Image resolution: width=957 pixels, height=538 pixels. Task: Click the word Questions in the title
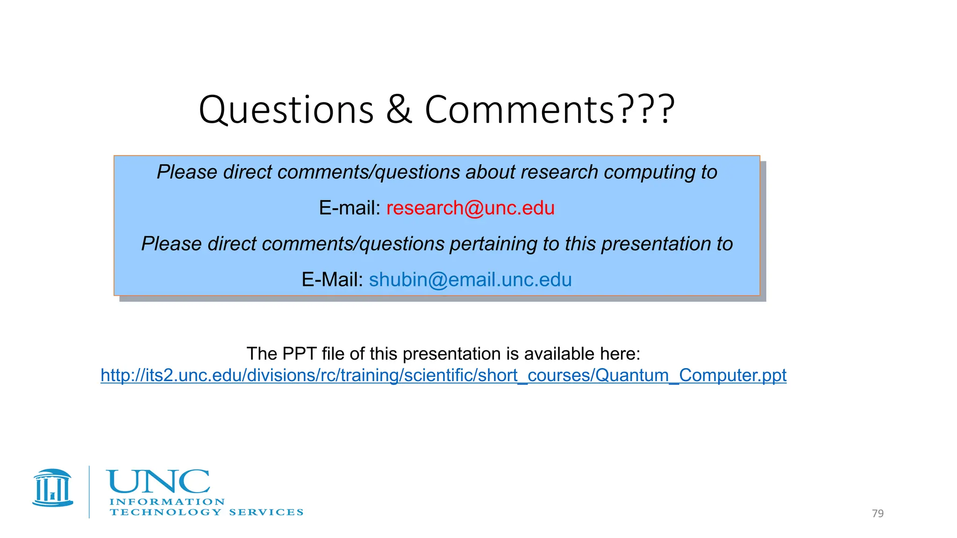286,110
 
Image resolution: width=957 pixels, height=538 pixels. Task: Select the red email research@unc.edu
470,208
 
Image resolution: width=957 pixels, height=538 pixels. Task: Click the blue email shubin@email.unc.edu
470,280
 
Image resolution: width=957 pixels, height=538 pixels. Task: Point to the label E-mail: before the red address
350,208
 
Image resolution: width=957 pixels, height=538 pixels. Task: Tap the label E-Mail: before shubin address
332,280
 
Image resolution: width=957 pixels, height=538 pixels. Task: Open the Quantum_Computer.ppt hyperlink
443,375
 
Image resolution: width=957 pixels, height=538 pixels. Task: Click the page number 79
878,513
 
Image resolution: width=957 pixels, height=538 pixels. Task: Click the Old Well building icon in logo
53,488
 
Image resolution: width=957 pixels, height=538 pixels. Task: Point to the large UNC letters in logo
158,481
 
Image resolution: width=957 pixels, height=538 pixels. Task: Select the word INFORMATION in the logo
167,502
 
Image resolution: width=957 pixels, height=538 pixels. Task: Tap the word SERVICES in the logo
266,512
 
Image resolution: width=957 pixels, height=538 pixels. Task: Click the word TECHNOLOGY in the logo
165,512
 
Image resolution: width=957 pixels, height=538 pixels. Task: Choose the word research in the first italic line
559,172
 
